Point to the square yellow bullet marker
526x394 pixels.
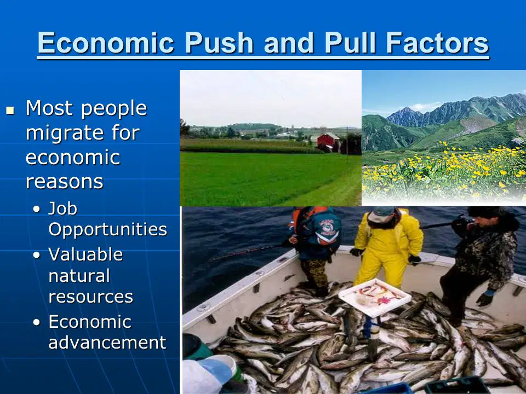coord(10,110)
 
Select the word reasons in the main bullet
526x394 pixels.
coord(65,182)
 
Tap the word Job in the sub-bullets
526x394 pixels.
coord(62,208)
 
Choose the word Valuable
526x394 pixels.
coord(85,254)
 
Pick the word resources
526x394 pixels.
coord(90,297)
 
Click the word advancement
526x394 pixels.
coord(107,343)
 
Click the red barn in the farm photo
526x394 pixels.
coord(328,142)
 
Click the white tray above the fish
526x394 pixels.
coord(375,297)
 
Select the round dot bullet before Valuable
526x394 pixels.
coord(37,255)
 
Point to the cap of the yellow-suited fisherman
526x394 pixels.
coord(381,215)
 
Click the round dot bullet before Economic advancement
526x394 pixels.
coord(37,322)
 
